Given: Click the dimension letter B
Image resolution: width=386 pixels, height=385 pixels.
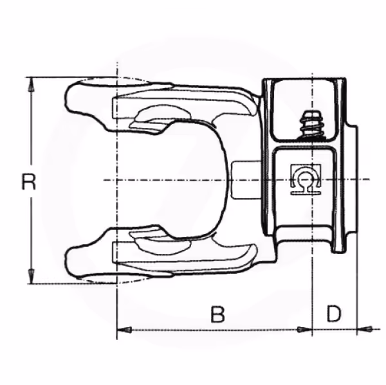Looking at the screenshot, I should coord(218,315).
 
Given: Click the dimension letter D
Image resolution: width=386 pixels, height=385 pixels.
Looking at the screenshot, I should coord(333,315).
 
